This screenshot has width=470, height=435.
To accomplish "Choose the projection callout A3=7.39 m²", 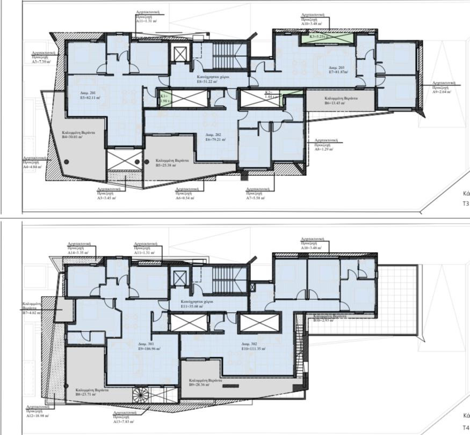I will coord(41,62).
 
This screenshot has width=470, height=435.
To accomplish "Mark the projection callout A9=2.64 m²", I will coord(443,91).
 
